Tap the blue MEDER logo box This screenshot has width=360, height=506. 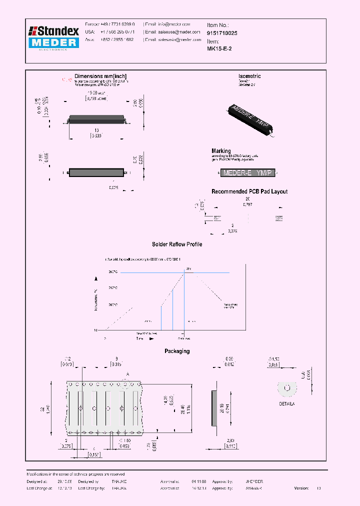coord(53,43)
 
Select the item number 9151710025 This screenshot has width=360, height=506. coord(222,32)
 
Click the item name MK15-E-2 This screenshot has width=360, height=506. coord(219,49)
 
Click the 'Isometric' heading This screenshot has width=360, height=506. coord(249,76)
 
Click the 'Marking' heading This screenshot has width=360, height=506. coord(221,150)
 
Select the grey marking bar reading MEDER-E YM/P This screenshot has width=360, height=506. coord(248,173)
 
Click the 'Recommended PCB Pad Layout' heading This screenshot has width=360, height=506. coord(249,191)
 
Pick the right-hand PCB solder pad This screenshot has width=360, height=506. coord(279,218)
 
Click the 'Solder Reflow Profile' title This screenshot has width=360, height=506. coord(177,244)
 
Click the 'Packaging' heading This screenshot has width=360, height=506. coord(177,351)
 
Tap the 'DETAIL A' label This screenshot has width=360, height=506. coord(287,402)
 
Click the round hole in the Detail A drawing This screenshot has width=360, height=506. coord(287,388)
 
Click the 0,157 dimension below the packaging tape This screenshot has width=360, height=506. coord(93,454)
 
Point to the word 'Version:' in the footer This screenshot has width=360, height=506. coord(301,487)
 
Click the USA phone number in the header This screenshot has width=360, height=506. coord(114,31)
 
